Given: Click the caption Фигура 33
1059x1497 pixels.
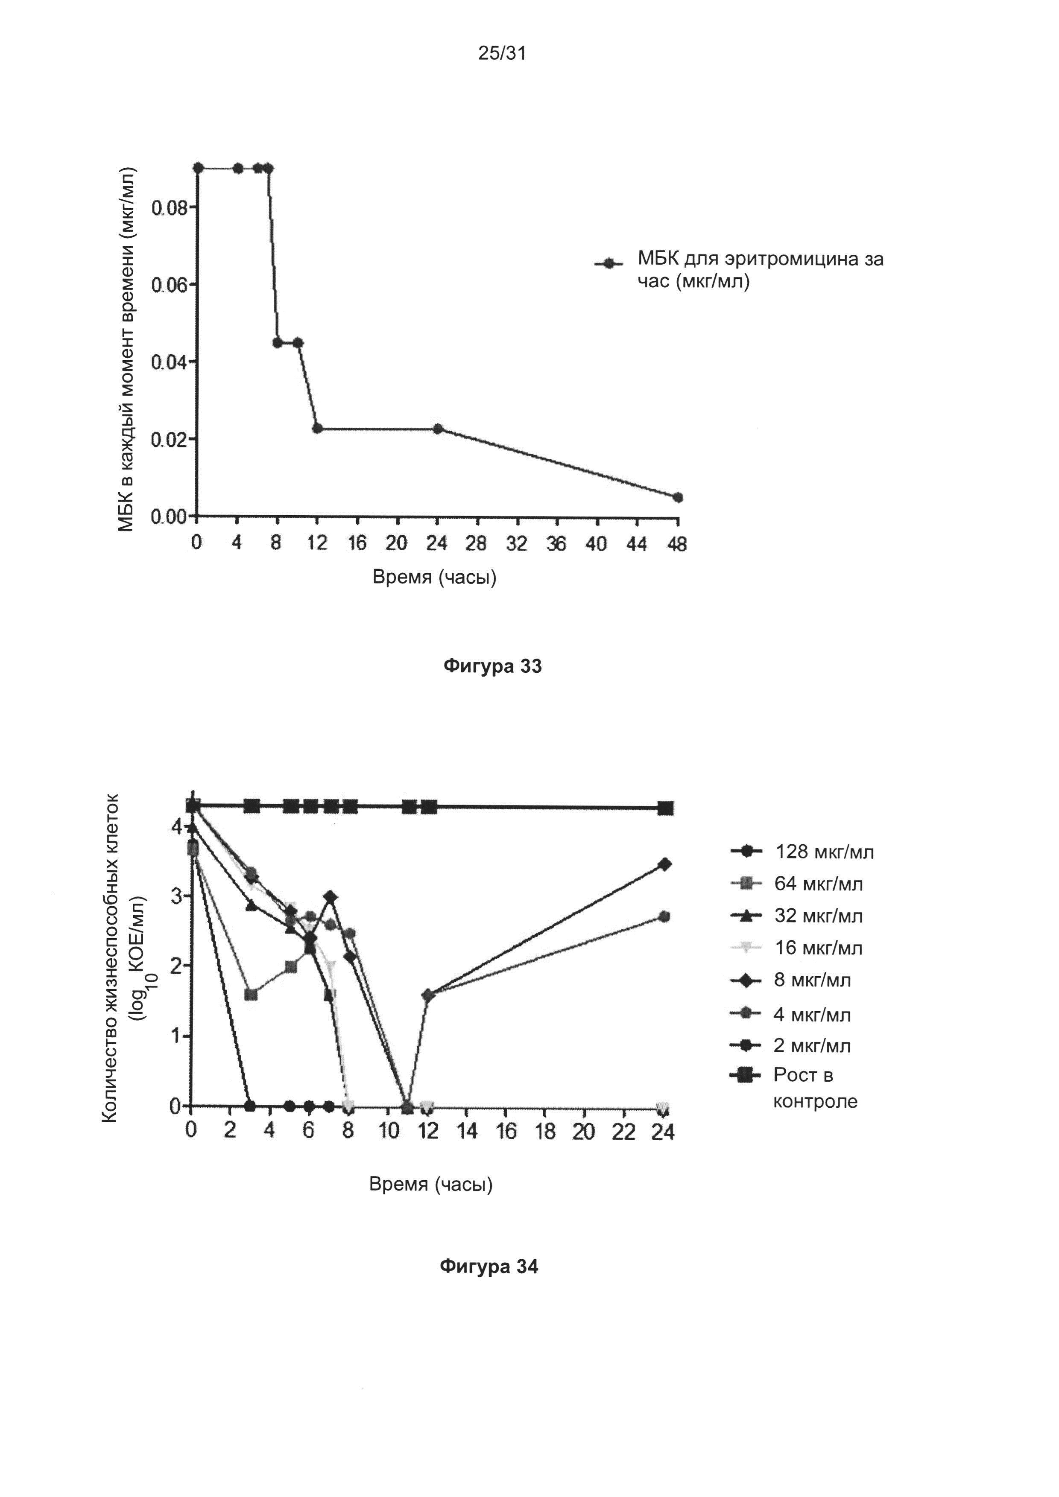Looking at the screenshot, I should pyautogui.click(x=492, y=666).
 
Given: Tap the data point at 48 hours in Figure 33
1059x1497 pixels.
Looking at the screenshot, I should pyautogui.click(x=678, y=497).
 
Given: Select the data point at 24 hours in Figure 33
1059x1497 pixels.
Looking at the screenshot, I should pyautogui.click(x=438, y=429).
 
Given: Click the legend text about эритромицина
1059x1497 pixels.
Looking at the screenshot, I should pyautogui.click(x=760, y=269).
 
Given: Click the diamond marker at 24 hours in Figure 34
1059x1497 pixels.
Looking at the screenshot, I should pyautogui.click(x=664, y=864).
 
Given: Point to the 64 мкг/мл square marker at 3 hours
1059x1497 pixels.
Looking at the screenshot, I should pyautogui.click(x=250, y=994).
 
